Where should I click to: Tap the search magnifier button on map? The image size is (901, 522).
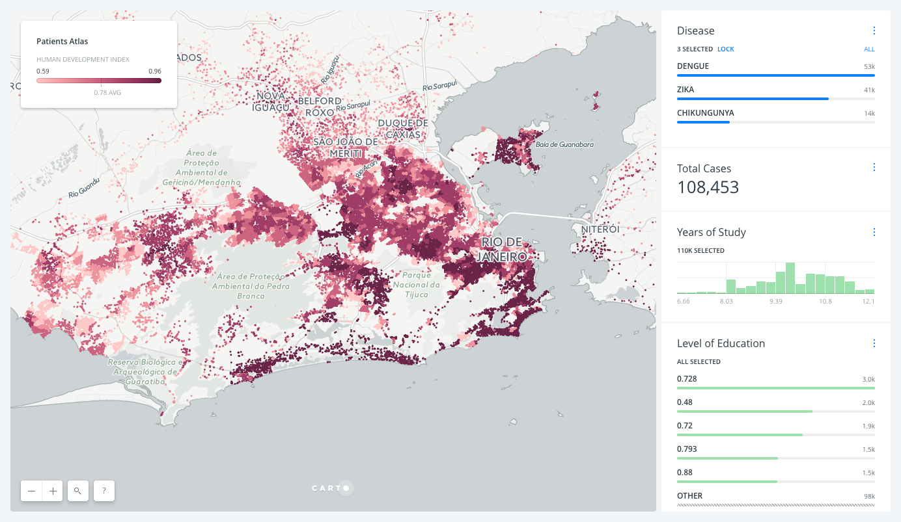click(78, 491)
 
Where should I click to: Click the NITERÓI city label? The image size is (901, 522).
click(600, 229)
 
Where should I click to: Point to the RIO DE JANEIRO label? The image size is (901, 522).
click(503, 250)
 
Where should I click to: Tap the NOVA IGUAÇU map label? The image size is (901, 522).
click(271, 101)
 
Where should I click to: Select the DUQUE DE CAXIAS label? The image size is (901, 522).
click(403, 129)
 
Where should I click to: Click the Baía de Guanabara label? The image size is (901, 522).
click(564, 144)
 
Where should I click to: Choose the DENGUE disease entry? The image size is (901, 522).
click(693, 66)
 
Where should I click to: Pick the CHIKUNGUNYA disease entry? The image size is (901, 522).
click(705, 113)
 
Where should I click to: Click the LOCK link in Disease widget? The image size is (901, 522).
click(725, 49)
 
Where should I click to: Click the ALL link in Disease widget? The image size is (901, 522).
click(869, 49)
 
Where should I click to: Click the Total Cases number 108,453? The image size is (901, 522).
click(708, 188)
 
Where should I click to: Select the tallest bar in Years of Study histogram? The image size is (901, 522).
click(790, 278)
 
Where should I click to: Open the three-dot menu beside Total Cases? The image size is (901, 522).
click(874, 168)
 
